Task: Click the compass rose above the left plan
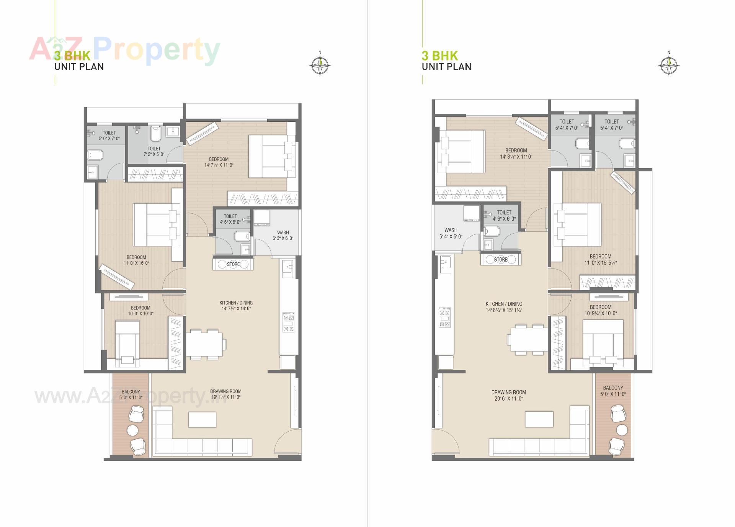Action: point(320,65)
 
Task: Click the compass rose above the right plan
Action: point(669,65)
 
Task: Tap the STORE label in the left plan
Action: point(233,264)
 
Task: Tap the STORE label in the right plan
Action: point(500,260)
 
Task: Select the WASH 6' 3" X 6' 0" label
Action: point(283,235)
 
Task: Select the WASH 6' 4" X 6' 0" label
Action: point(451,233)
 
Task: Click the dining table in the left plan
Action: point(204,344)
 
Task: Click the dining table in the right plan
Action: point(527,340)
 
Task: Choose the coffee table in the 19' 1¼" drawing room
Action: point(202,419)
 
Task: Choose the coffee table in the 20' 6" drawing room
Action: point(539,419)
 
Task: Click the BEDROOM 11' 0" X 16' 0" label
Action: point(136,260)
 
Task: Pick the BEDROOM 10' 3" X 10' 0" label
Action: point(140,311)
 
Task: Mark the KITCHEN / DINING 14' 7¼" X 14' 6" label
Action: point(236,306)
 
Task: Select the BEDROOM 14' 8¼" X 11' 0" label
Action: point(516,154)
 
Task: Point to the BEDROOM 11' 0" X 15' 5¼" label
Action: point(600,260)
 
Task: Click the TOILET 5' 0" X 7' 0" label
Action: point(109,136)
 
